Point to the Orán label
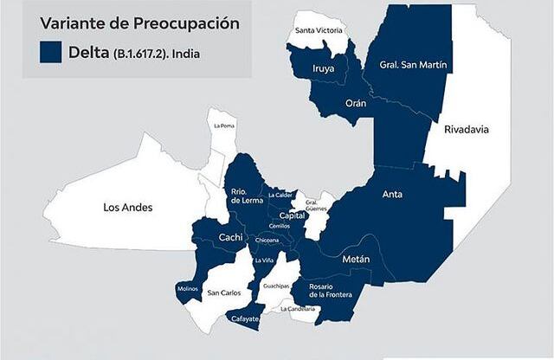click(x=356, y=103)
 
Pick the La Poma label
click(x=223, y=125)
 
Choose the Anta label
click(x=392, y=195)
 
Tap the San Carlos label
click(x=224, y=293)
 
